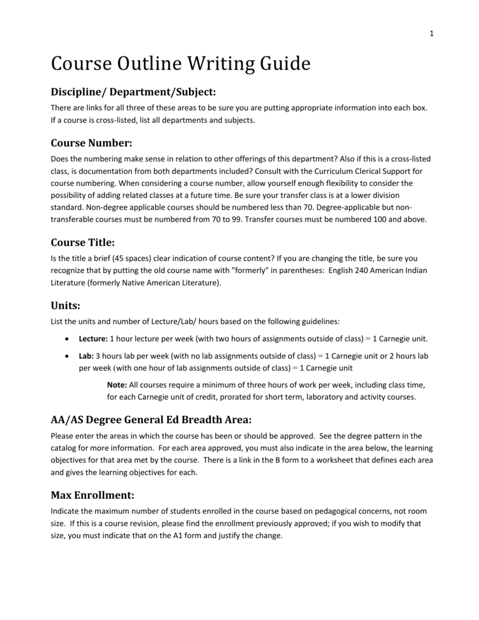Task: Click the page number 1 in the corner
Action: pyautogui.click(x=432, y=34)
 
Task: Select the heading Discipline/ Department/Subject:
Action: pyautogui.click(x=133, y=91)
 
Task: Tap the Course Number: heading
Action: pyautogui.click(x=91, y=143)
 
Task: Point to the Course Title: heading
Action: pyautogui.click(x=82, y=242)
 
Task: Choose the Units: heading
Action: pyautogui.click(x=66, y=306)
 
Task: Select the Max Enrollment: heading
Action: pyautogui.click(x=93, y=495)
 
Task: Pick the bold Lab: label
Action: pyautogui.click(x=86, y=355)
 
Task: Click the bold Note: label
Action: pyautogui.click(x=116, y=385)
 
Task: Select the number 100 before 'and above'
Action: pyautogui.click(x=380, y=220)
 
